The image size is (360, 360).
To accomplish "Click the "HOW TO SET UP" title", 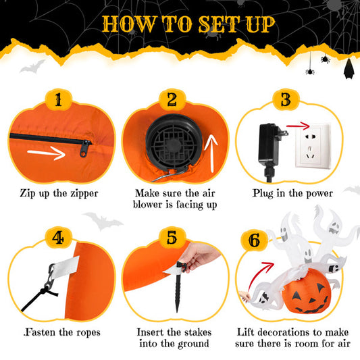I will (188, 24).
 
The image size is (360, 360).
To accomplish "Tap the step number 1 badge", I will (58, 99).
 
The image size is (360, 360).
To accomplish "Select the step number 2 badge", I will (172, 99).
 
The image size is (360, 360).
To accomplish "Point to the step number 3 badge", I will (285, 99).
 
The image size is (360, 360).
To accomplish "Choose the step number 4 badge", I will (58, 237).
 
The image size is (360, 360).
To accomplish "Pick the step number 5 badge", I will (172, 237).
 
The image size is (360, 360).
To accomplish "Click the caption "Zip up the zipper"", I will (58, 194).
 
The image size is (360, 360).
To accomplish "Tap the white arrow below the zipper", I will (47, 153).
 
